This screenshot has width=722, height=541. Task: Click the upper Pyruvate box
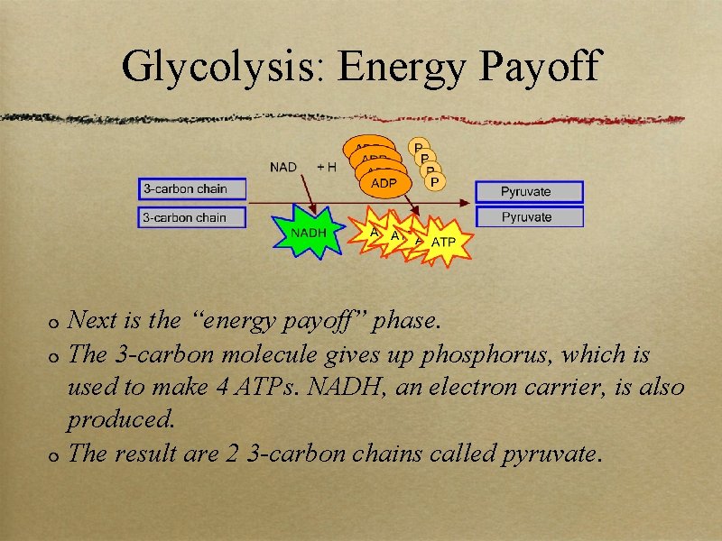click(529, 191)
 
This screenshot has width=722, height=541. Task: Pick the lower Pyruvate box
click(529, 217)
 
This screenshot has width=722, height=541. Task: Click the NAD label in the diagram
click(283, 167)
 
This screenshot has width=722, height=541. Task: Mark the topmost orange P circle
click(419, 146)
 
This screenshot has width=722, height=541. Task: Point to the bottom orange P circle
click(435, 182)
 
